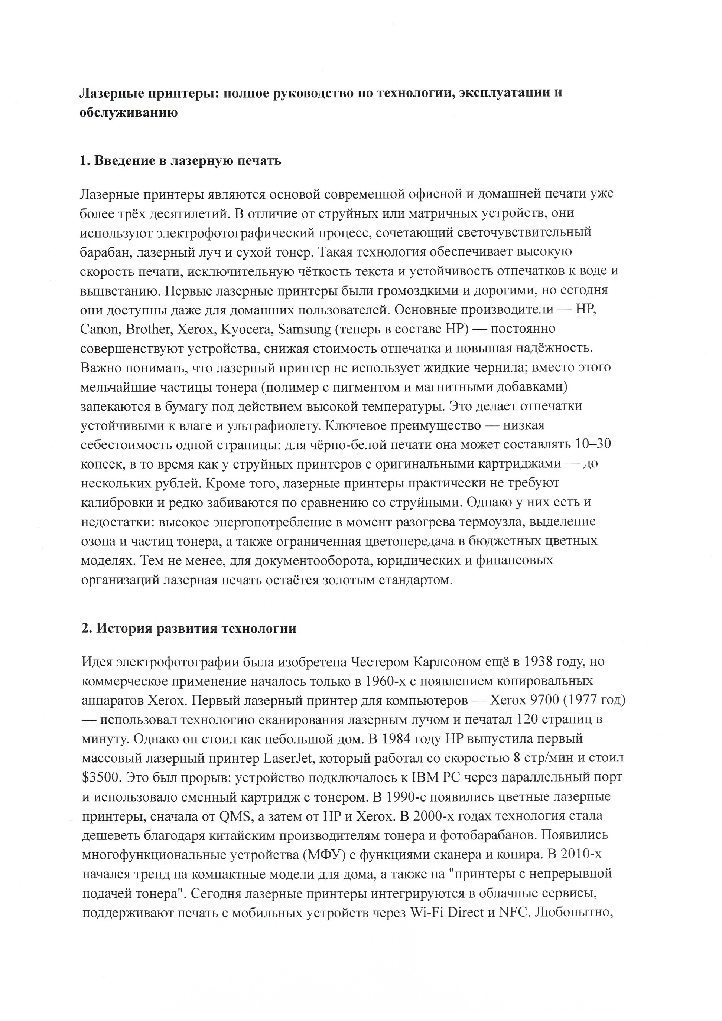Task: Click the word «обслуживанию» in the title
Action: tap(129, 113)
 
